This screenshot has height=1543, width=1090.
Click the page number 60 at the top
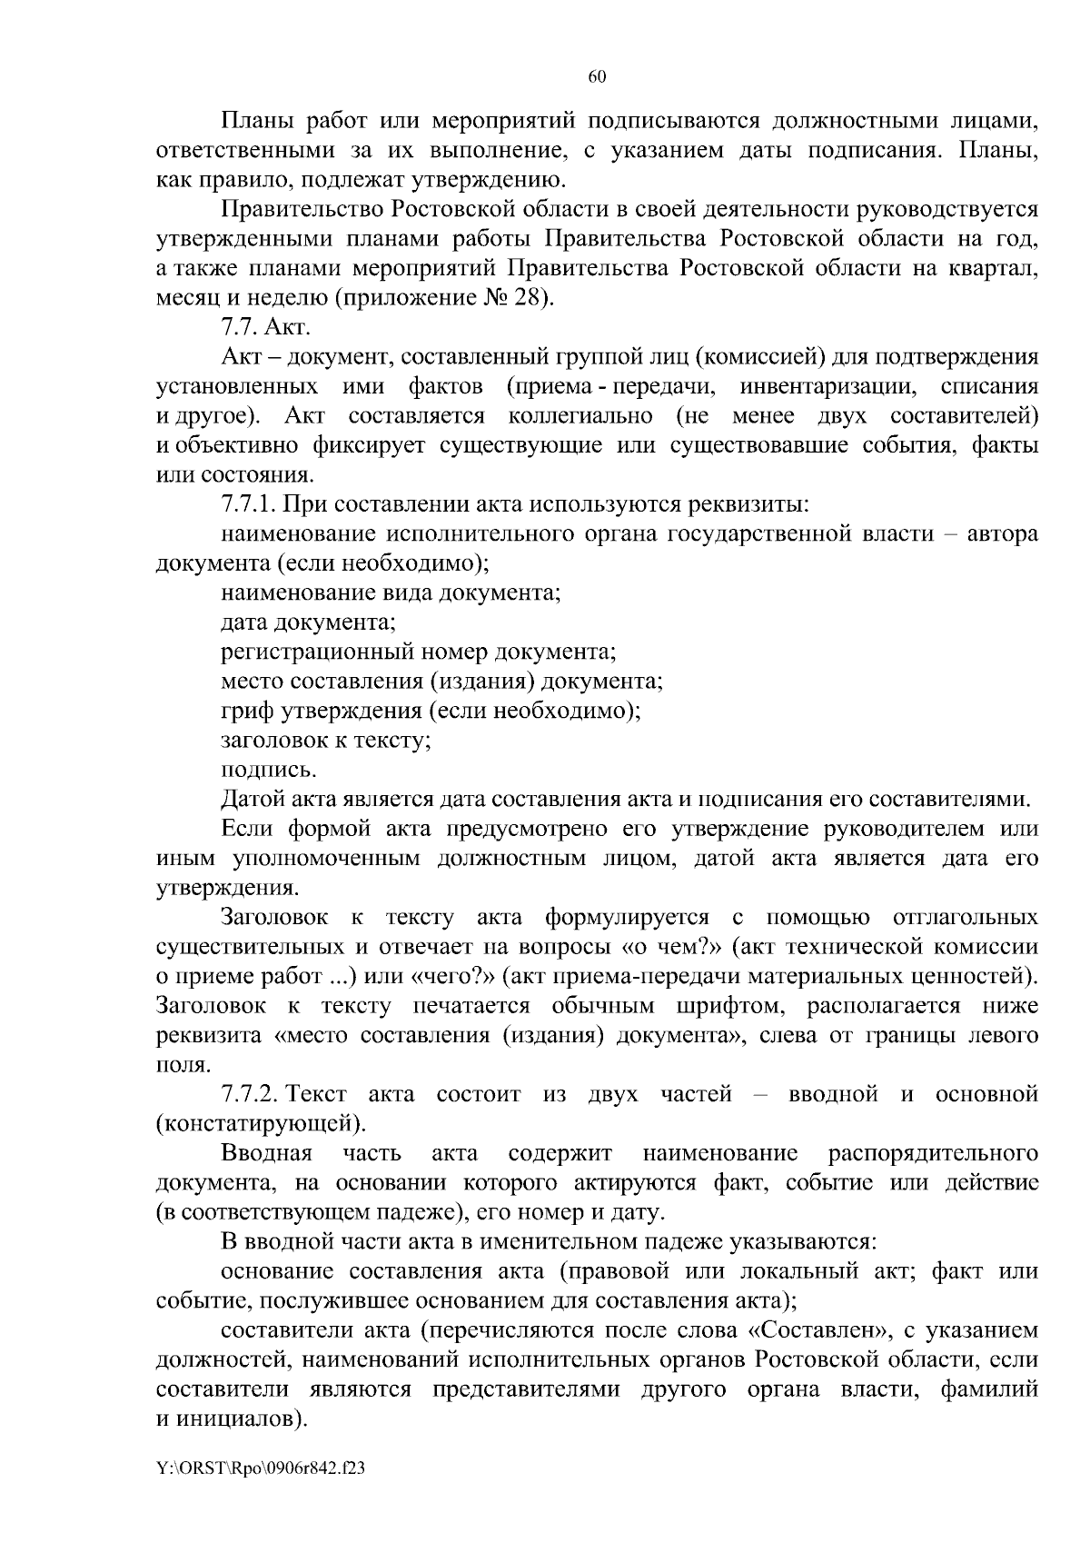tap(597, 77)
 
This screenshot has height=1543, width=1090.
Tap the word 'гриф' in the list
tap(246, 711)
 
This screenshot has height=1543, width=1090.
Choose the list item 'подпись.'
tap(269, 770)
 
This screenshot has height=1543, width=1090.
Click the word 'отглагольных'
tap(966, 917)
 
